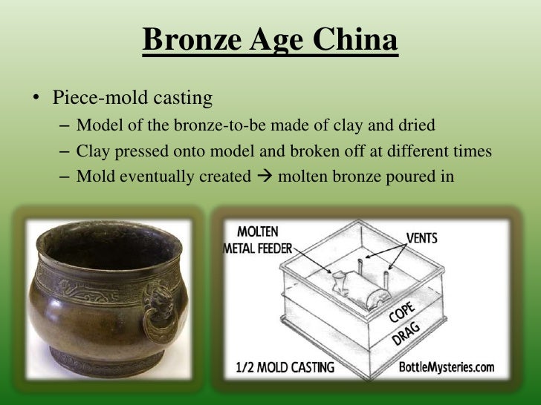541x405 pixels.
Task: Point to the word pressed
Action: coord(140,151)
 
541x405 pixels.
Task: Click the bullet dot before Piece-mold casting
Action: coord(35,98)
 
